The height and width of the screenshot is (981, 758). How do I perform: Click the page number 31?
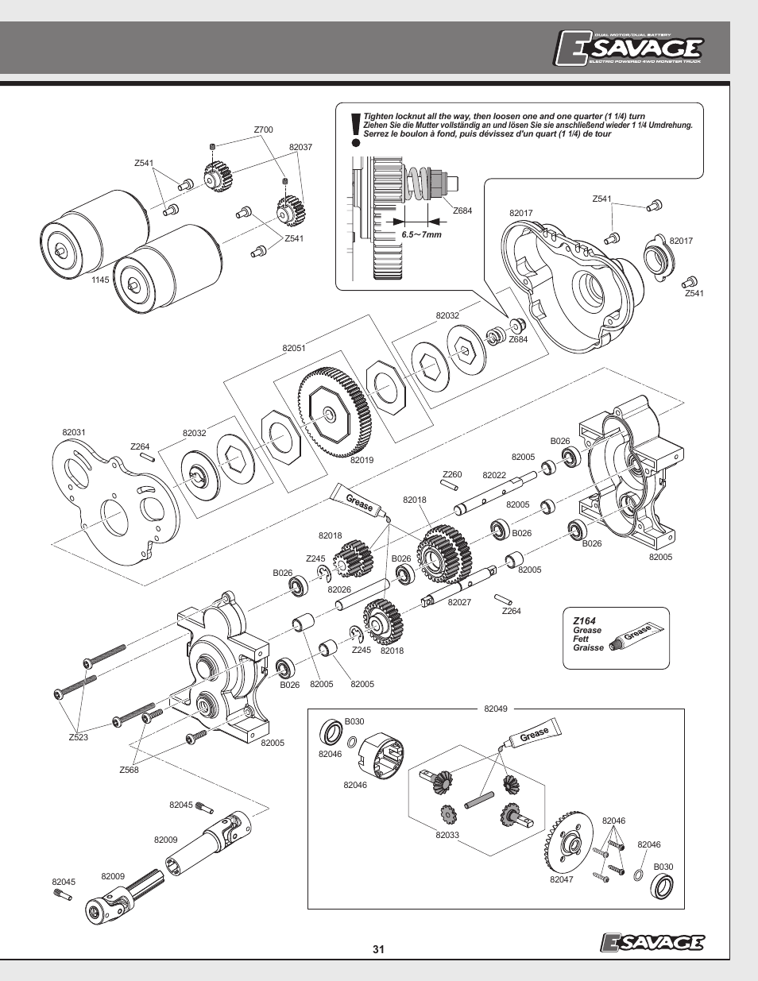(x=378, y=949)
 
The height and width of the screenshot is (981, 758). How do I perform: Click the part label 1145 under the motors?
(x=99, y=280)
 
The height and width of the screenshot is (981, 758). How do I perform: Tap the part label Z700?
(x=263, y=130)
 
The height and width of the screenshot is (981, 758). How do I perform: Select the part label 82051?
(x=293, y=348)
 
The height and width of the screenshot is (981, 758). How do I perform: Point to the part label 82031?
(x=74, y=433)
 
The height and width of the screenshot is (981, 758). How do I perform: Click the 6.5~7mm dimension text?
(x=421, y=235)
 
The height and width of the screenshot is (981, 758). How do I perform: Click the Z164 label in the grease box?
(x=584, y=621)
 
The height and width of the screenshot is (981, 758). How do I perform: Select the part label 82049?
(x=496, y=709)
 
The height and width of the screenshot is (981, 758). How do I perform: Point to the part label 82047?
(x=561, y=879)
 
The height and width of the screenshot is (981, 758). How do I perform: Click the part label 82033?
(x=447, y=835)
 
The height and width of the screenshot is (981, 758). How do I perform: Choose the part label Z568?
(x=129, y=770)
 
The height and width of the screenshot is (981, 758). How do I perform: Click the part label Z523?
(x=78, y=738)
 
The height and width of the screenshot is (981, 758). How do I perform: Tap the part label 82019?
(x=362, y=460)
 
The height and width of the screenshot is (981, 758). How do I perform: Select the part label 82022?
(x=494, y=475)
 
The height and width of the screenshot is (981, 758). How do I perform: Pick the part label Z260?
(x=452, y=475)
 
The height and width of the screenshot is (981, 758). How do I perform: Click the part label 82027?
(x=459, y=602)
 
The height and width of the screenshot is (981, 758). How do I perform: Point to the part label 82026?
(x=339, y=589)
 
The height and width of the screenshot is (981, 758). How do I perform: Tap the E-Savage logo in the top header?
(x=628, y=49)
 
